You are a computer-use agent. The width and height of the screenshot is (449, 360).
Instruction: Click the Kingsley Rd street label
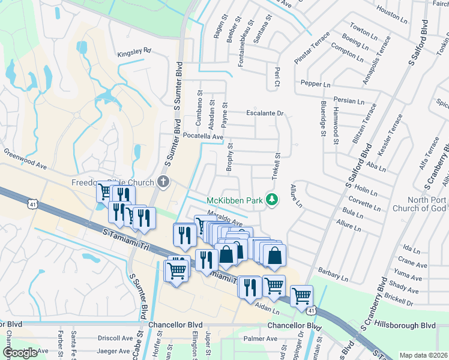(134, 52)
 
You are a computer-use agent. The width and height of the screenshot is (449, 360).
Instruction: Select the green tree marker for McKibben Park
(272, 199)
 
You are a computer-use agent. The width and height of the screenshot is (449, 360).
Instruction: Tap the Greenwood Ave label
(25, 160)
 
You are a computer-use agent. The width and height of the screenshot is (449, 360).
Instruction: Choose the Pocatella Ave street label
(203, 137)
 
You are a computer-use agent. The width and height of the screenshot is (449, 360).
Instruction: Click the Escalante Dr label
(265, 113)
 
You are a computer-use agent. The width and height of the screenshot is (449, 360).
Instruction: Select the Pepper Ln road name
(316, 85)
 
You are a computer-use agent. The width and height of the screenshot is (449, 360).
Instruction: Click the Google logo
(20, 353)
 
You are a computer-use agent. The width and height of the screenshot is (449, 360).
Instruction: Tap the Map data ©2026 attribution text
(423, 355)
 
